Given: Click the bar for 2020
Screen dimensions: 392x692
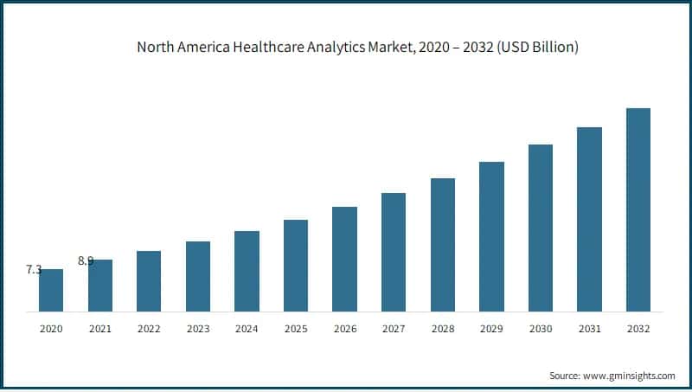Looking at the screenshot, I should coord(51,290).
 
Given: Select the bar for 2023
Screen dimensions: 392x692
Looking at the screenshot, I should coord(198,276).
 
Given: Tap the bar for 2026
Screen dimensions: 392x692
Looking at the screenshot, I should coord(344,259).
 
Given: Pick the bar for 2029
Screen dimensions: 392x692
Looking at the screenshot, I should coord(491,236).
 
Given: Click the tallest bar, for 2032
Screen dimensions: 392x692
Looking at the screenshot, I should coord(638,209).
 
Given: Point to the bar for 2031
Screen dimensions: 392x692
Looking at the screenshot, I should coord(589,219).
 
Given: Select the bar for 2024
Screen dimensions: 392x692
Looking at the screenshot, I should coord(247,271).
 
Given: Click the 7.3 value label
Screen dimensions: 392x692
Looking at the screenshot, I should coord(34,270).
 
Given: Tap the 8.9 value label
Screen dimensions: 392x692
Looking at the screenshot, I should coord(86,260).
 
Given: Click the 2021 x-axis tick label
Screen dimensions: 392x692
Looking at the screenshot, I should coord(99,329).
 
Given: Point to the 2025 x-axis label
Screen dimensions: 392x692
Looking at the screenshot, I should coord(296,329).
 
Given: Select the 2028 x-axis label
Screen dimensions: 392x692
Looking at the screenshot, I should coord(443,329).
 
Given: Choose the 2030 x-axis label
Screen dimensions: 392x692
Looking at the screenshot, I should coord(541,329).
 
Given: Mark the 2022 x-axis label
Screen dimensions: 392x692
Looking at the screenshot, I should coord(149,329).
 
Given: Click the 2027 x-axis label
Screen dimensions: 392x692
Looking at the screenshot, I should coord(394,329).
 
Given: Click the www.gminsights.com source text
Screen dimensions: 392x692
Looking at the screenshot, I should coord(629,376).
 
